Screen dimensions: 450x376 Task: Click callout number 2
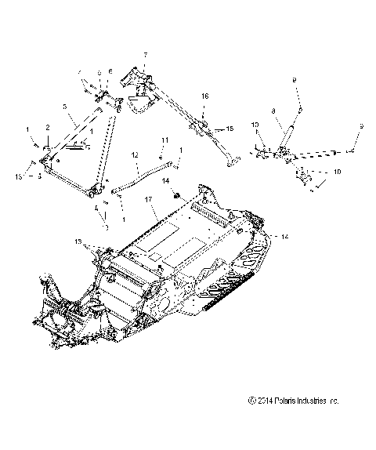(x=47, y=127)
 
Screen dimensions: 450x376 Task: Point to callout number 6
(x=110, y=71)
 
